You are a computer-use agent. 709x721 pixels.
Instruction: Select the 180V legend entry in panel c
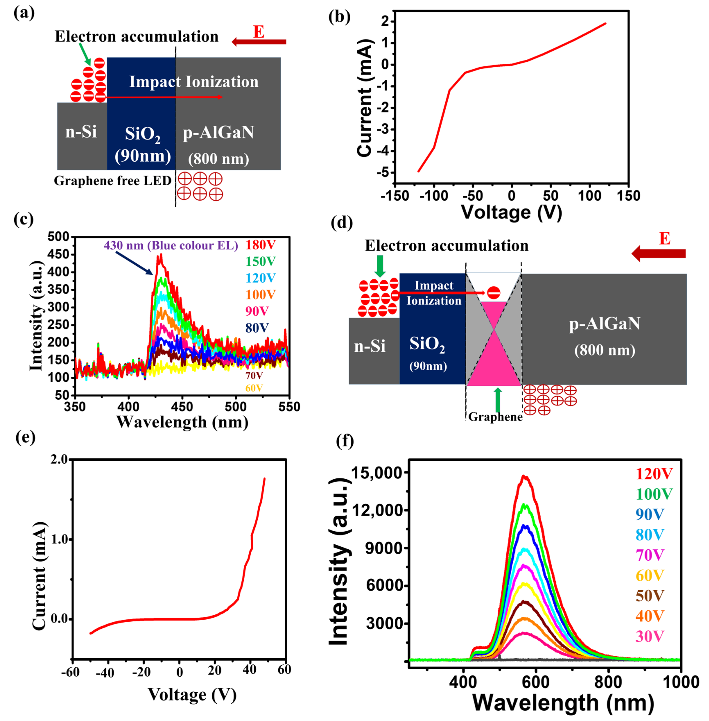(261, 245)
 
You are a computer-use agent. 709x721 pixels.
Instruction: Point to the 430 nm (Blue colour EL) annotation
(171, 245)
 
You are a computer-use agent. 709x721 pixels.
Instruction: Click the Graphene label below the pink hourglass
(495, 417)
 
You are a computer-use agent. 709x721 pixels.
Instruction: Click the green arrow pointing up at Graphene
(498, 399)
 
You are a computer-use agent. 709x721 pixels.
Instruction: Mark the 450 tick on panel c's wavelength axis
(182, 406)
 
